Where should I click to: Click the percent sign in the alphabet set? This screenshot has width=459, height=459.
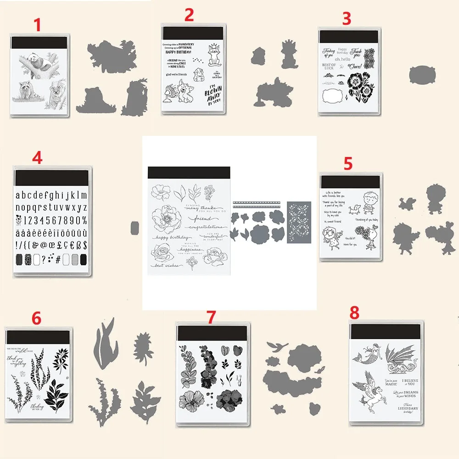pyautogui.click(x=83, y=219)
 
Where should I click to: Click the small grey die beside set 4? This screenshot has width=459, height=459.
pyautogui.click(x=134, y=226)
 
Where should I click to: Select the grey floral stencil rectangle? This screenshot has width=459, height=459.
pyautogui.click(x=299, y=222)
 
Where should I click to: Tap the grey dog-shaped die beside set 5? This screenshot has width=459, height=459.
pyautogui.click(x=406, y=202)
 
